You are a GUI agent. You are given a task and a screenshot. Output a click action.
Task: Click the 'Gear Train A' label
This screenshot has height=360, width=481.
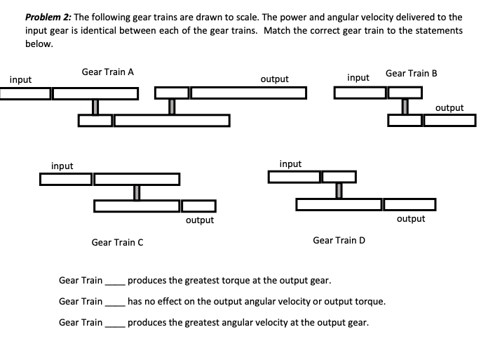108,72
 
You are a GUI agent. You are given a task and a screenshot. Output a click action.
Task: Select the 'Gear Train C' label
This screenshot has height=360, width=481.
118,242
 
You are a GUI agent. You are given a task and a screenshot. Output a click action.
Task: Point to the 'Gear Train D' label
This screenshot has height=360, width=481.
339,240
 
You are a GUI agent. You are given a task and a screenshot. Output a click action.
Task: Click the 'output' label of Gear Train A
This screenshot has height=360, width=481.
274,79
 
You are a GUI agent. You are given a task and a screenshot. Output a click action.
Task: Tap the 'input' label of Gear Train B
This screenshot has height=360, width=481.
358,77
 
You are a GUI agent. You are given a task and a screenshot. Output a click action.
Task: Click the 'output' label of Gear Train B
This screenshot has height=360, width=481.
449,107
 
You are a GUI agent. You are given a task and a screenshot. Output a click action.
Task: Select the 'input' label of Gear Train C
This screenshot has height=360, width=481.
62,166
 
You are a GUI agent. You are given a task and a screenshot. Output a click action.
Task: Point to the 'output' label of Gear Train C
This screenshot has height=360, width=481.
200,220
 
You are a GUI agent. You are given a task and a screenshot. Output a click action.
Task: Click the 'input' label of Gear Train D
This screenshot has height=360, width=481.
290,164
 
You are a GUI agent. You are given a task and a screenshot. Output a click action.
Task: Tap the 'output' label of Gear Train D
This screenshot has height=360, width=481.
411,218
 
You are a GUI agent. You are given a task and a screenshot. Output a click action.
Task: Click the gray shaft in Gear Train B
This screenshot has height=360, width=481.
405,106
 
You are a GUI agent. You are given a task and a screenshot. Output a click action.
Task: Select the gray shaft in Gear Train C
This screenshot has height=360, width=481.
137,192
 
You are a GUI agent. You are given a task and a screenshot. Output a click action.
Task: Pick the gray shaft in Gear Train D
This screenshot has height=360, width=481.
339,190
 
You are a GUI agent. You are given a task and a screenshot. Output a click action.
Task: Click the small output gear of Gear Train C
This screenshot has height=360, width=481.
199,206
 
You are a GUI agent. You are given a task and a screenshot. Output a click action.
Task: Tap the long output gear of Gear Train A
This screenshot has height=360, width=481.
248,93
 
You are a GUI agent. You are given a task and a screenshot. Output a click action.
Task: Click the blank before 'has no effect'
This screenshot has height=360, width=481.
114,302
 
